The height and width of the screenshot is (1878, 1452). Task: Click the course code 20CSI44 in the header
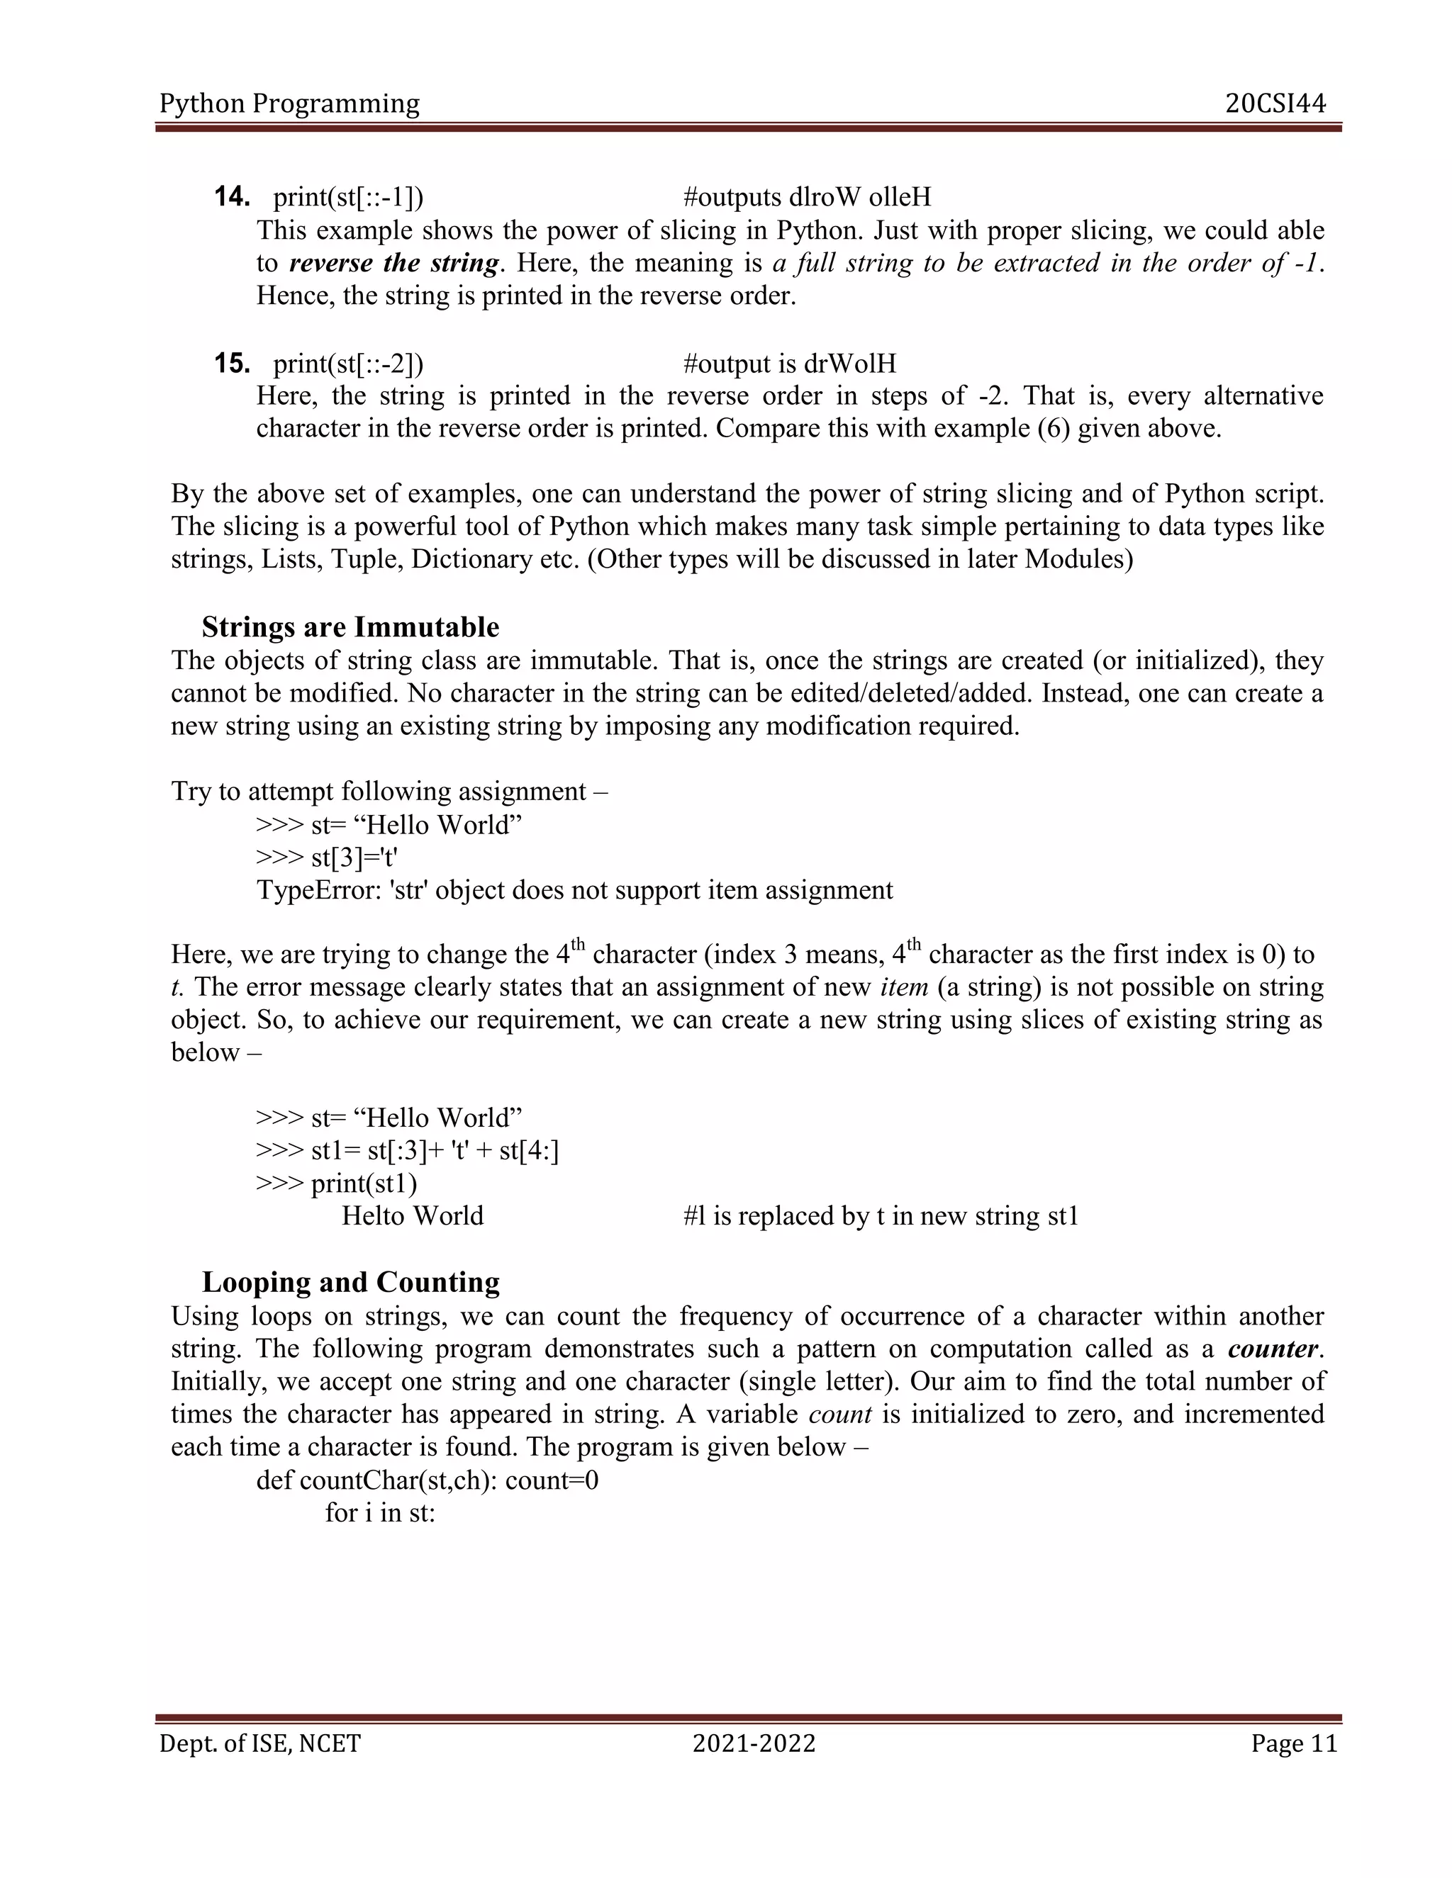tap(1275, 104)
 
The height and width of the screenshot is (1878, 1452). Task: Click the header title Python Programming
tap(290, 104)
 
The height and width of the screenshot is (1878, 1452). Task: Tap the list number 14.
tap(231, 197)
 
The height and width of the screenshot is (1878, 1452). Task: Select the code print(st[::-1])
tap(348, 198)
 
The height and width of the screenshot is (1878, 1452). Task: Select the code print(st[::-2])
tap(348, 364)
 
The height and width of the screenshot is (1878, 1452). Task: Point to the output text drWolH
tap(850, 364)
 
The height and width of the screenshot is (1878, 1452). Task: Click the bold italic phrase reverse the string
tap(395, 262)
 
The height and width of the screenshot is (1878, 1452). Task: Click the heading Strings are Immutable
tap(350, 627)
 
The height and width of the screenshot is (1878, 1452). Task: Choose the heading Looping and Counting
tap(350, 1282)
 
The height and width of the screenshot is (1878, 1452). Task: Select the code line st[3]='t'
tap(354, 858)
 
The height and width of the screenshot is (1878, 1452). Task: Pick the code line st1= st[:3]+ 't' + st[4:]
tap(435, 1150)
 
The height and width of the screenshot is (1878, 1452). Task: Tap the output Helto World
tap(412, 1216)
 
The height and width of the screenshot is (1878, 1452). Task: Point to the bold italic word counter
tap(1273, 1349)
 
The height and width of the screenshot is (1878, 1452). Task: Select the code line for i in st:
tap(380, 1512)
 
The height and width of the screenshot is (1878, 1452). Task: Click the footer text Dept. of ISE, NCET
tap(259, 1744)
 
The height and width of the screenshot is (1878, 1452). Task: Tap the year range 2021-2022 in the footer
tap(754, 1744)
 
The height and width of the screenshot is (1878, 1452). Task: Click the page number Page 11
tap(1294, 1744)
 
